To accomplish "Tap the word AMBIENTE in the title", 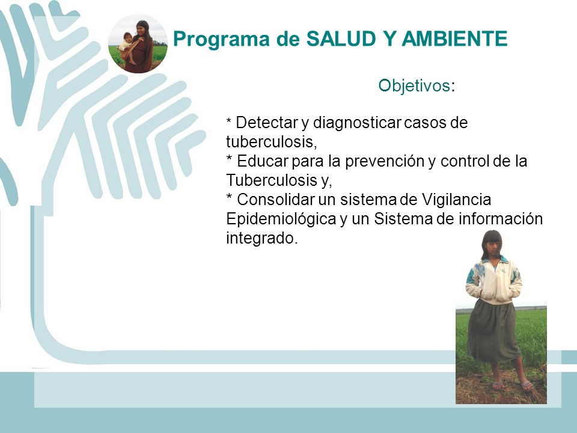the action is click(455, 38).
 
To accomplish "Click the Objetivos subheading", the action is click(414, 85).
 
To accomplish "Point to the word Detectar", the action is click(266, 123).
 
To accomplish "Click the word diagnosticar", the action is click(356, 123).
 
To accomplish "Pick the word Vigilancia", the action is click(456, 200).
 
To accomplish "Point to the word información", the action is click(501, 219).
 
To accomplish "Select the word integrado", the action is click(261, 239).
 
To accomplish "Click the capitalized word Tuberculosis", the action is click(266, 180).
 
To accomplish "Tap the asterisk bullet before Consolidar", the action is click(229, 196).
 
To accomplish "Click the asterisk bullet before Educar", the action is click(229, 158).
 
